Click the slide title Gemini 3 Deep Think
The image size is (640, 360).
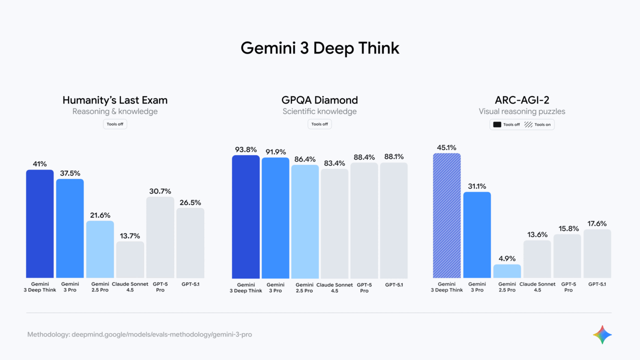[x=320, y=48]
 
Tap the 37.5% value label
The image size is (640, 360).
[x=70, y=173]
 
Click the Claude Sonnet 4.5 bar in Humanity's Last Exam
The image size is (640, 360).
[x=130, y=260]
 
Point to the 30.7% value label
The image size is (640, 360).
[x=160, y=191]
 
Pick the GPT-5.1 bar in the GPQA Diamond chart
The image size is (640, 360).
[x=394, y=220]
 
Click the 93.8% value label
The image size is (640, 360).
[x=246, y=149]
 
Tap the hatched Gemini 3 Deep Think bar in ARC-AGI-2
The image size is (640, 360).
[x=446, y=215]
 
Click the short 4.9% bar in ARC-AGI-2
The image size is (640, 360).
[x=507, y=271]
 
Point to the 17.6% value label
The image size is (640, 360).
[x=597, y=223]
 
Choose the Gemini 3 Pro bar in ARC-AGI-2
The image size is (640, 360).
[x=477, y=235]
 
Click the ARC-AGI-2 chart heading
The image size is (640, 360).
[x=521, y=100]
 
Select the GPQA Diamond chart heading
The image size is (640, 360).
[x=320, y=100]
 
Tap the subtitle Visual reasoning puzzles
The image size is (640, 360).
[x=521, y=111]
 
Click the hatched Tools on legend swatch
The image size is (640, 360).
[x=528, y=124]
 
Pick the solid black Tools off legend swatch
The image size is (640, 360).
[x=497, y=124]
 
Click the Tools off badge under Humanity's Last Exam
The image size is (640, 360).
[x=115, y=124]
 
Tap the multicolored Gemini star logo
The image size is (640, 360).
[x=602, y=334]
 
